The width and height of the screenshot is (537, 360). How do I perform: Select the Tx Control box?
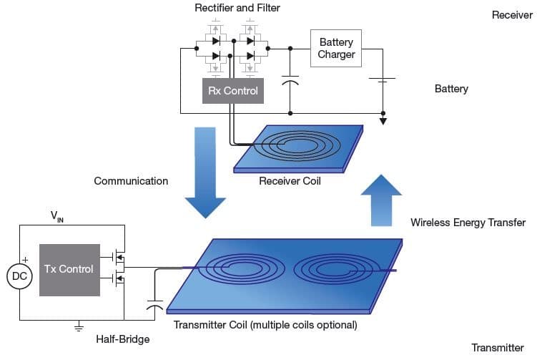coord(69,269)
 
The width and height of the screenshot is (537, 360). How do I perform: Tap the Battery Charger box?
coord(336,48)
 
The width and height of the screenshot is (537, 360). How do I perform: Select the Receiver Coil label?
coord(290,181)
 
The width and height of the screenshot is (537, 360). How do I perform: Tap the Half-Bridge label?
coord(123,339)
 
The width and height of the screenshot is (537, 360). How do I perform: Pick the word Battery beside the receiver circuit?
coord(451,89)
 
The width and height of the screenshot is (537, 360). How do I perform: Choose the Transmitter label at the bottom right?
coord(497,348)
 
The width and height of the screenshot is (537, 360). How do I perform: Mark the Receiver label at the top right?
coord(512,15)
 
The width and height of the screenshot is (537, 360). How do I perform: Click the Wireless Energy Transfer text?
coord(468,223)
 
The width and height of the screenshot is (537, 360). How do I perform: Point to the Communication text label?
coord(131,181)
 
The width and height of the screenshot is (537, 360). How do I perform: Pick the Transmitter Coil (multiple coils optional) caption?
coord(265,325)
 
